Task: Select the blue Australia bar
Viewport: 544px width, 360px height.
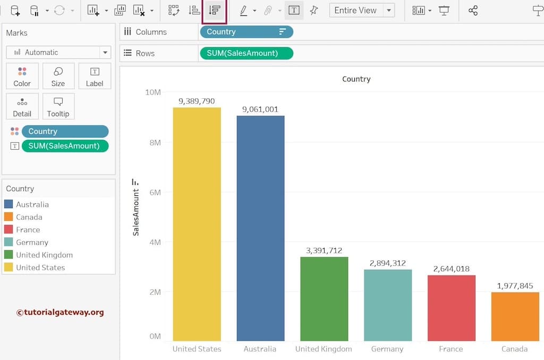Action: [x=260, y=228]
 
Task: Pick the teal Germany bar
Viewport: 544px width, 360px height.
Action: [x=388, y=305]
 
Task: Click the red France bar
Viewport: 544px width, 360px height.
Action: [x=451, y=308]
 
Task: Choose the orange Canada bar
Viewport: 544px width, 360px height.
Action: [x=515, y=316]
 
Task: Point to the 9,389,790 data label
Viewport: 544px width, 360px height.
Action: [x=197, y=101]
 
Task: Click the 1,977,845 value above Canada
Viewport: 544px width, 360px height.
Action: [x=515, y=286]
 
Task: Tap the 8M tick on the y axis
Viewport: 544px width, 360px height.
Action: [x=155, y=142]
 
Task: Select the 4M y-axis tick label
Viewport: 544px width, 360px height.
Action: [x=155, y=242]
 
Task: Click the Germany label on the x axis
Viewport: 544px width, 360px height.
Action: [x=387, y=349]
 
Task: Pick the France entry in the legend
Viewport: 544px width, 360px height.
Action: [x=28, y=229]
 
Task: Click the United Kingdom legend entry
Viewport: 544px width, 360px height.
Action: [x=44, y=255]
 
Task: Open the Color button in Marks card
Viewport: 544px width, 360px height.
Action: [x=22, y=76]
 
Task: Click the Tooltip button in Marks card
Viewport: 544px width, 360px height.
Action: [x=58, y=106]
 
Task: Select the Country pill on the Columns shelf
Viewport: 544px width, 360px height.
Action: [x=246, y=32]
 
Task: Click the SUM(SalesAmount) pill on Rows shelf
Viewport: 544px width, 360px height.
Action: [x=246, y=53]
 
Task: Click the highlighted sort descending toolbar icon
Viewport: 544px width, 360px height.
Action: [x=215, y=10]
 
